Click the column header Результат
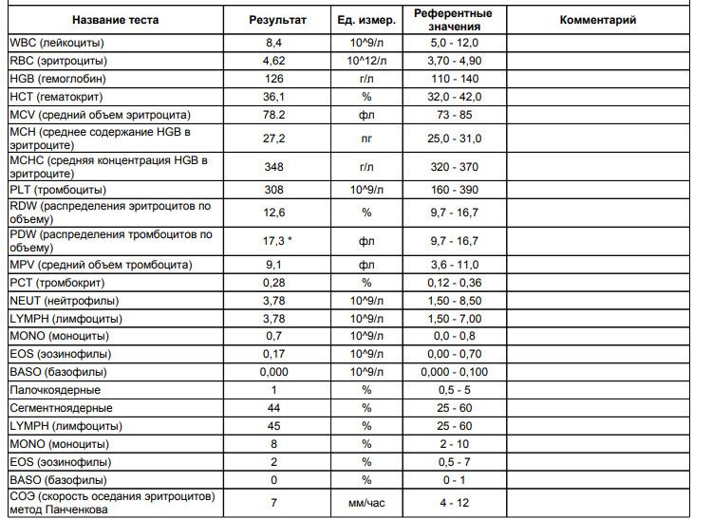pos(277,19)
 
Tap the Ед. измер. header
pos(366,19)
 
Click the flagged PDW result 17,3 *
pos(276,241)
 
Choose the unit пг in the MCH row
pos(366,138)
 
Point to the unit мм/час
pos(366,502)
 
